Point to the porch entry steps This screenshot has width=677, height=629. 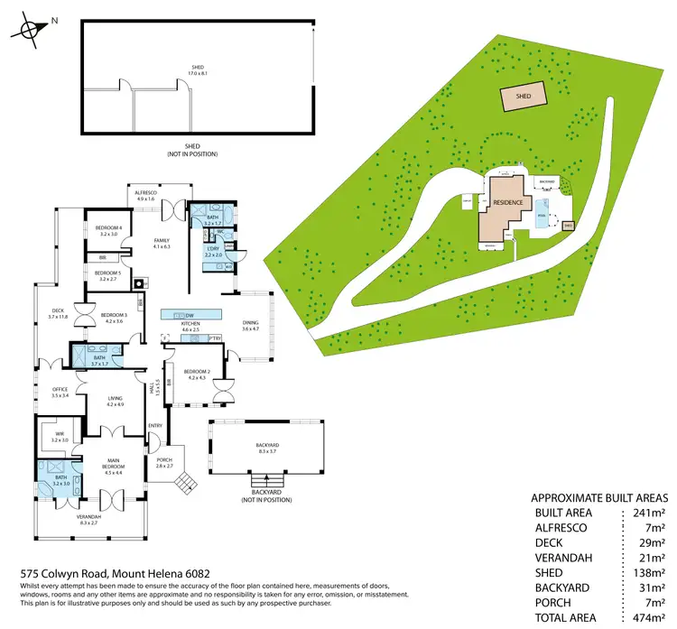(x=183, y=483)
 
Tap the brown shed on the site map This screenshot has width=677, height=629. (x=523, y=96)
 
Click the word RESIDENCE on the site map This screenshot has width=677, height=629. (x=507, y=203)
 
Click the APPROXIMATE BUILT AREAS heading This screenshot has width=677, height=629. (x=599, y=497)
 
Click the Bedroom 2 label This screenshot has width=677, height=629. (x=197, y=373)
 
